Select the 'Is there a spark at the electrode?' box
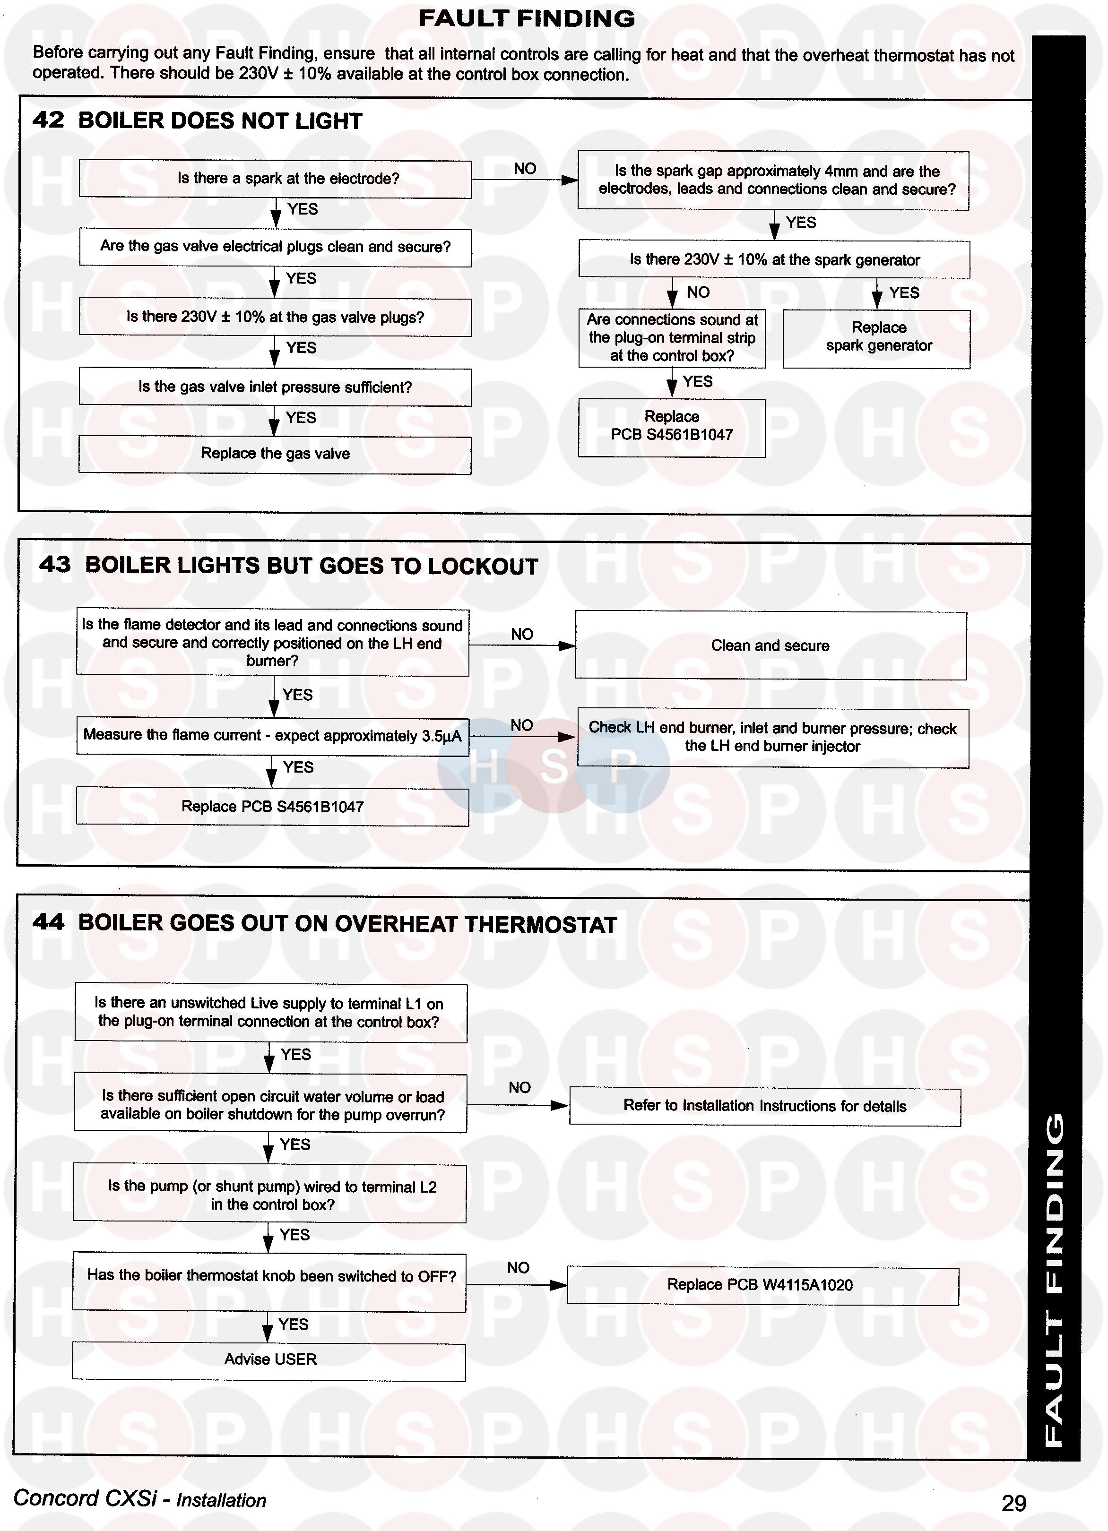[x=275, y=179]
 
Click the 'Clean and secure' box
[x=770, y=645]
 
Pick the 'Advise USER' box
[x=269, y=1359]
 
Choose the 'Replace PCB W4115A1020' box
[x=762, y=1285]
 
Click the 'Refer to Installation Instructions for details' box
[x=764, y=1106]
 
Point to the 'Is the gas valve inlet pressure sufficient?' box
[x=275, y=387]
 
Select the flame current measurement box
[x=272, y=736]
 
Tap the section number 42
[x=49, y=120]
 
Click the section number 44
[x=49, y=922]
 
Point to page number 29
[x=1013, y=1503]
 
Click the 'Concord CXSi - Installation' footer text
[x=140, y=1498]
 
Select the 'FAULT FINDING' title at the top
[x=527, y=19]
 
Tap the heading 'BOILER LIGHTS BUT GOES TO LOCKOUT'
[x=311, y=566]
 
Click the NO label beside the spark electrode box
[x=525, y=169]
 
